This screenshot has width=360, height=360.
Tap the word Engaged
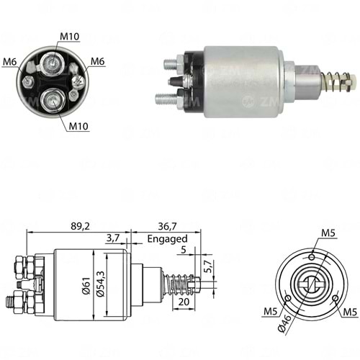166,238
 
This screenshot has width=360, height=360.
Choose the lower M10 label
80,126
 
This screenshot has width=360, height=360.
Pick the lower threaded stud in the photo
170,96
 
